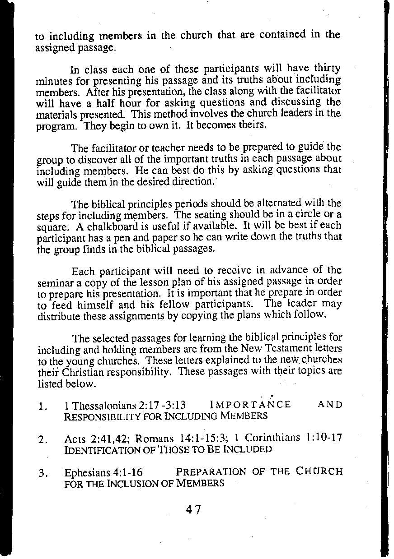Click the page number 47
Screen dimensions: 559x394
click(x=193, y=510)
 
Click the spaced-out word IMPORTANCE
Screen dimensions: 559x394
click(x=250, y=405)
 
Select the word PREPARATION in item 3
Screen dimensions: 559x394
click(x=211, y=472)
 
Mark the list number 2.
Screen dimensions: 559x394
click(x=43, y=439)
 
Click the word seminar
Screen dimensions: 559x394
click(x=52, y=282)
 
